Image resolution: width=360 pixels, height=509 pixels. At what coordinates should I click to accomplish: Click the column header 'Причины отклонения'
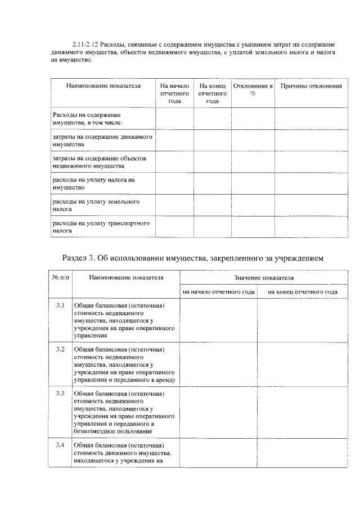click(x=311, y=86)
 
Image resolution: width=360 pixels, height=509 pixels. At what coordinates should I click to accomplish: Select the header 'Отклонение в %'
click(x=253, y=90)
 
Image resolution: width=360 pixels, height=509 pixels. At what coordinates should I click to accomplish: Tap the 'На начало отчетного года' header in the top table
click(x=174, y=93)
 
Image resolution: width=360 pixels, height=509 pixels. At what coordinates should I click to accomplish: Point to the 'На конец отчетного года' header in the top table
click(x=212, y=93)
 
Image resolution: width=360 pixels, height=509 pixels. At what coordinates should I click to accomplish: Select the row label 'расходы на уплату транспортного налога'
click(x=101, y=227)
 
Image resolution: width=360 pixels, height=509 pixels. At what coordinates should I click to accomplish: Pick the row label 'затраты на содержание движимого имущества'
click(x=102, y=141)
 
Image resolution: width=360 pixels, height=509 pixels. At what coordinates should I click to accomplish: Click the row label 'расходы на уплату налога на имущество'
click(x=94, y=183)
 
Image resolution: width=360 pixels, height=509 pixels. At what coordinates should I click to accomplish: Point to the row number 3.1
click(x=60, y=305)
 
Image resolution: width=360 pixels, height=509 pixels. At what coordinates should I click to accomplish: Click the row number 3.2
click(x=60, y=350)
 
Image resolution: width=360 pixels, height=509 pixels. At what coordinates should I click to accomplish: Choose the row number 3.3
click(x=60, y=393)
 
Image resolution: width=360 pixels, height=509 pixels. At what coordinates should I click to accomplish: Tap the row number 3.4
click(x=60, y=445)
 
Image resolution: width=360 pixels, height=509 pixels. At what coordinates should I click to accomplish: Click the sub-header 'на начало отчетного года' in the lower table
click(x=219, y=292)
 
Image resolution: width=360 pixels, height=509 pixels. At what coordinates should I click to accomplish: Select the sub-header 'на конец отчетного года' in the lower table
click(x=302, y=292)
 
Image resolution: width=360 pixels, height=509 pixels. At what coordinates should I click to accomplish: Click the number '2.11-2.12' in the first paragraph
click(x=86, y=44)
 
